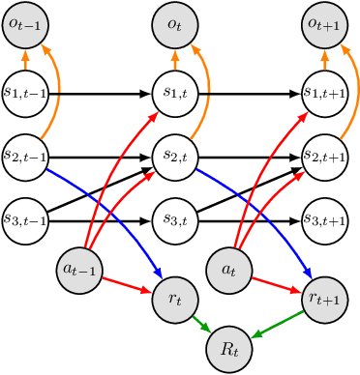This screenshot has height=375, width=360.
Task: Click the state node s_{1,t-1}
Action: (x=25, y=94)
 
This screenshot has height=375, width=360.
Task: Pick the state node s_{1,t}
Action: (x=175, y=94)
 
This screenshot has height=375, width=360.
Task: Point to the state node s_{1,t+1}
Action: (x=325, y=94)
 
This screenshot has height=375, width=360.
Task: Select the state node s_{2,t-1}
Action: (x=25, y=157)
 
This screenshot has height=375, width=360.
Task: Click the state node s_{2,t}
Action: (x=175, y=157)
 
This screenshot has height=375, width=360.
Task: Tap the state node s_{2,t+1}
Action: (x=325, y=157)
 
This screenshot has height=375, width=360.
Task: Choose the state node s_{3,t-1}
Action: (x=25, y=219)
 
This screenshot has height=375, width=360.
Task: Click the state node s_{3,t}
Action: (x=175, y=219)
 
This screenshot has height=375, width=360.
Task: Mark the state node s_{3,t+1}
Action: (x=325, y=219)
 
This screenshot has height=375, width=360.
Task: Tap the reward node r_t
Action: (x=175, y=301)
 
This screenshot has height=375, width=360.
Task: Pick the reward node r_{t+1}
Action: (x=325, y=301)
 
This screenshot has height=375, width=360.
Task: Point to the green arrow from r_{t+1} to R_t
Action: (x=288, y=324)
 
